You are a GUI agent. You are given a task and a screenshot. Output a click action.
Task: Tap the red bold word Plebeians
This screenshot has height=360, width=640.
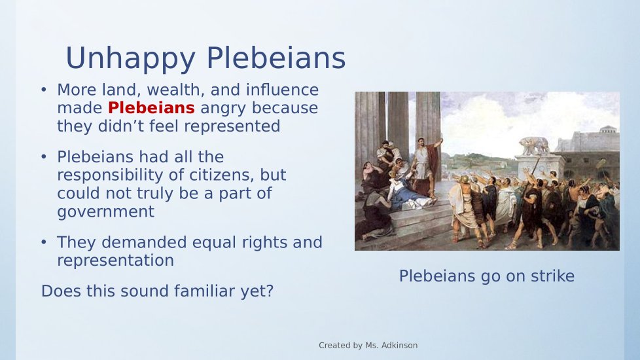coord(151,108)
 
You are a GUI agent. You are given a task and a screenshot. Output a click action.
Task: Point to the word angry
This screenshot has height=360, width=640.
coord(223,109)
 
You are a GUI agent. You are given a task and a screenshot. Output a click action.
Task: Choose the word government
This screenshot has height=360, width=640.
coord(106,212)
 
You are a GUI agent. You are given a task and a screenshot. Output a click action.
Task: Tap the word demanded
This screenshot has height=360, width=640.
coord(144,242)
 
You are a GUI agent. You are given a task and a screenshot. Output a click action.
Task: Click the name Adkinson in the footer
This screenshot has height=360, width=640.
coord(399,346)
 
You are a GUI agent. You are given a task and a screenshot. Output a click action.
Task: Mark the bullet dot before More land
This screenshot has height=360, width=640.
coord(44,90)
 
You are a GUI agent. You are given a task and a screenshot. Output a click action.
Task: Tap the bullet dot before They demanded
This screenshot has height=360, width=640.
coord(44,242)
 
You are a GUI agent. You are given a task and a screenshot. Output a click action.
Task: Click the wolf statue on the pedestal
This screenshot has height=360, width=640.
coord(534,146)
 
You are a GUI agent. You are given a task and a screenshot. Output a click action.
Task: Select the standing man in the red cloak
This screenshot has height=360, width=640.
coord(427,166)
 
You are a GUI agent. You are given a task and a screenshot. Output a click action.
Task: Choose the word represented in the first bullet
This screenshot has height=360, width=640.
coord(232,126)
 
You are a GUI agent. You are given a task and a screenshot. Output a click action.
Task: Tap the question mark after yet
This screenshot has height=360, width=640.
coord(270,291)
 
